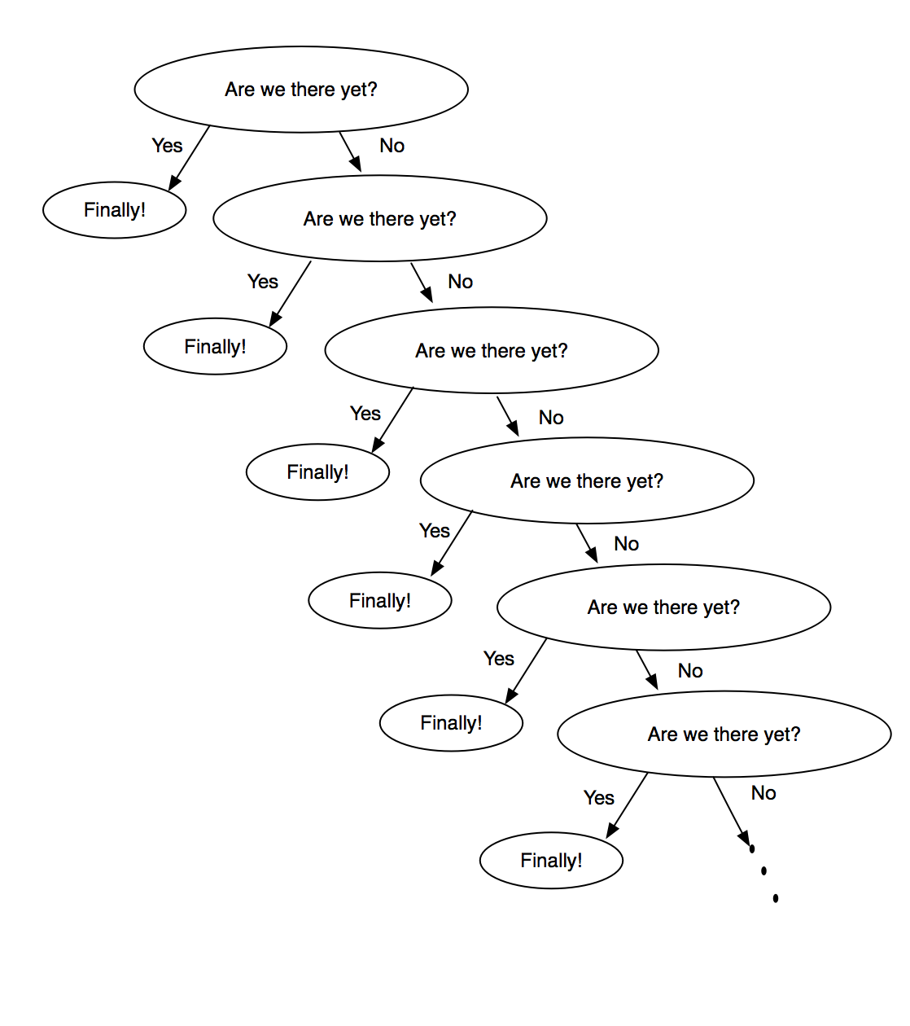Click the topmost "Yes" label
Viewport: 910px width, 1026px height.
(x=167, y=146)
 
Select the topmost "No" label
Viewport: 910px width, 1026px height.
(x=392, y=146)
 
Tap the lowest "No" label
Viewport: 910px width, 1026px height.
(x=763, y=793)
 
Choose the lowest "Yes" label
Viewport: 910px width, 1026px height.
(x=599, y=798)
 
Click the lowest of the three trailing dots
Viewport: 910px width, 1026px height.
(x=776, y=898)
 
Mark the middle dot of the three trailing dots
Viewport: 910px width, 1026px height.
(x=763, y=870)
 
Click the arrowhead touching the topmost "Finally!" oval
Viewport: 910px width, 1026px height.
(x=174, y=183)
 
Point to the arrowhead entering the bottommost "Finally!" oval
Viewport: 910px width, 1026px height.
(x=612, y=831)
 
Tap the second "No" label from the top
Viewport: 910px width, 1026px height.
(x=461, y=282)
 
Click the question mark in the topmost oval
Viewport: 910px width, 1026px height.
(x=373, y=89)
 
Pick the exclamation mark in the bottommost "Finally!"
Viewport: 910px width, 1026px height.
(x=580, y=859)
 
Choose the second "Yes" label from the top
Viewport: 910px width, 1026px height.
(x=263, y=282)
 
